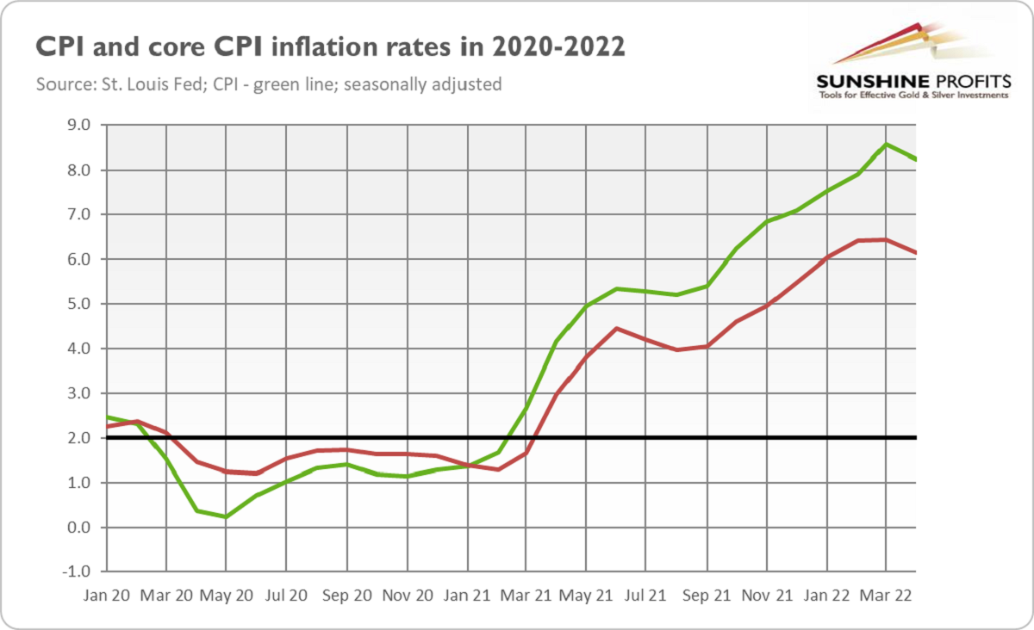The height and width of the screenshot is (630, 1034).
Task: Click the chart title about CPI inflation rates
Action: pos(329,47)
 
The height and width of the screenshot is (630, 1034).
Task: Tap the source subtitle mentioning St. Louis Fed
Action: pos(269,85)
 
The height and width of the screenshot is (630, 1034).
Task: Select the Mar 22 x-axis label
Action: pos(887,594)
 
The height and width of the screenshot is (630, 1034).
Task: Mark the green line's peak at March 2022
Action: pos(887,145)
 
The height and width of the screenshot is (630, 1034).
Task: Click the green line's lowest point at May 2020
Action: pos(226,517)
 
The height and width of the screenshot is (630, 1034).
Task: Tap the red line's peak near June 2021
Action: pos(616,328)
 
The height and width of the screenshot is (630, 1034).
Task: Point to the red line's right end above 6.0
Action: pos(915,252)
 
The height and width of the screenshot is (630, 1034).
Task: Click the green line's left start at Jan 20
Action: pos(106,417)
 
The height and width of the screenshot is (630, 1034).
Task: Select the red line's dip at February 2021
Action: pos(498,469)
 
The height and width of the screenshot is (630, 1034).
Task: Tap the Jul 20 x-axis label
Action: pos(286,594)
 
